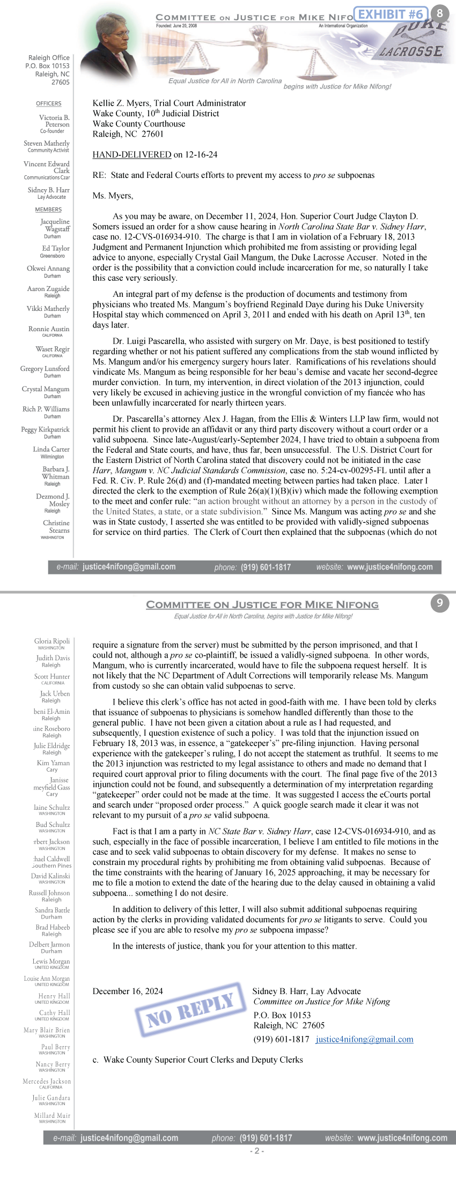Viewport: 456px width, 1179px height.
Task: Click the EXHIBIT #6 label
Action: tap(390, 14)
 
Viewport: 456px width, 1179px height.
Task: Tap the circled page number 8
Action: tap(440, 13)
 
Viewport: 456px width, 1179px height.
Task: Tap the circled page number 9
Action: tap(439, 603)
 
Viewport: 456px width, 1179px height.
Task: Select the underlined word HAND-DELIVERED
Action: tap(132, 155)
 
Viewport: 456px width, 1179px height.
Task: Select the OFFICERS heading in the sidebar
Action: tap(49, 103)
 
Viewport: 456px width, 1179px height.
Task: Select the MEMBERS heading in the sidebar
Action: tap(48, 210)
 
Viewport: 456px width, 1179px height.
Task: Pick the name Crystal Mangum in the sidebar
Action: tap(46, 389)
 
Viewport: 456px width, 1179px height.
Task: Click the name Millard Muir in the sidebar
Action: tap(52, 1115)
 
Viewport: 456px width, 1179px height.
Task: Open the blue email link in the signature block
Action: tap(364, 1039)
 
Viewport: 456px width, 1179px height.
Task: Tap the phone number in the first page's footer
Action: tap(266, 567)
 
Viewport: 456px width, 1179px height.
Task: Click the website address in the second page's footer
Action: tap(402, 1138)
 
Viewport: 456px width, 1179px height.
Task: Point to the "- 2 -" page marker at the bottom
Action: tap(257, 1151)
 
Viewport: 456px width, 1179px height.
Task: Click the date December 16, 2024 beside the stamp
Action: tap(128, 991)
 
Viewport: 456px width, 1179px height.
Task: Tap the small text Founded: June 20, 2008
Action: tap(176, 26)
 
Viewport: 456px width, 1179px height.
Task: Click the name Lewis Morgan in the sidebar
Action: tap(51, 961)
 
